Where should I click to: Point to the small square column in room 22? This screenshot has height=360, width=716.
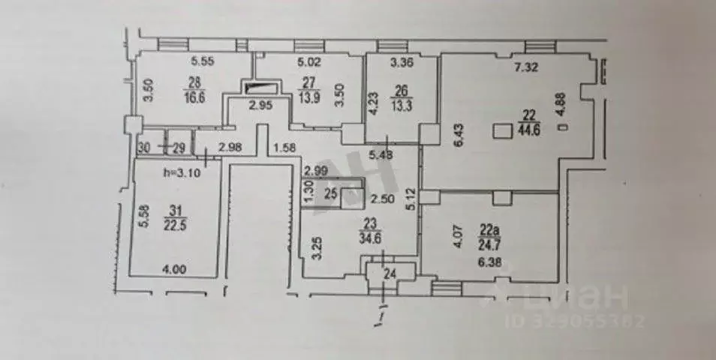pyautogui.click(x=501, y=130)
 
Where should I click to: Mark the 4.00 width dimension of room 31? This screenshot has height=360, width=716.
pyautogui.click(x=174, y=266)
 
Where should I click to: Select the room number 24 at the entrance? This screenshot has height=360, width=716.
pyautogui.click(x=390, y=274)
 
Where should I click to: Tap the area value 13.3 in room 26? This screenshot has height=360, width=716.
pyautogui.click(x=400, y=103)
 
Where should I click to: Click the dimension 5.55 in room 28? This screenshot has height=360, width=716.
pyautogui.click(x=203, y=61)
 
